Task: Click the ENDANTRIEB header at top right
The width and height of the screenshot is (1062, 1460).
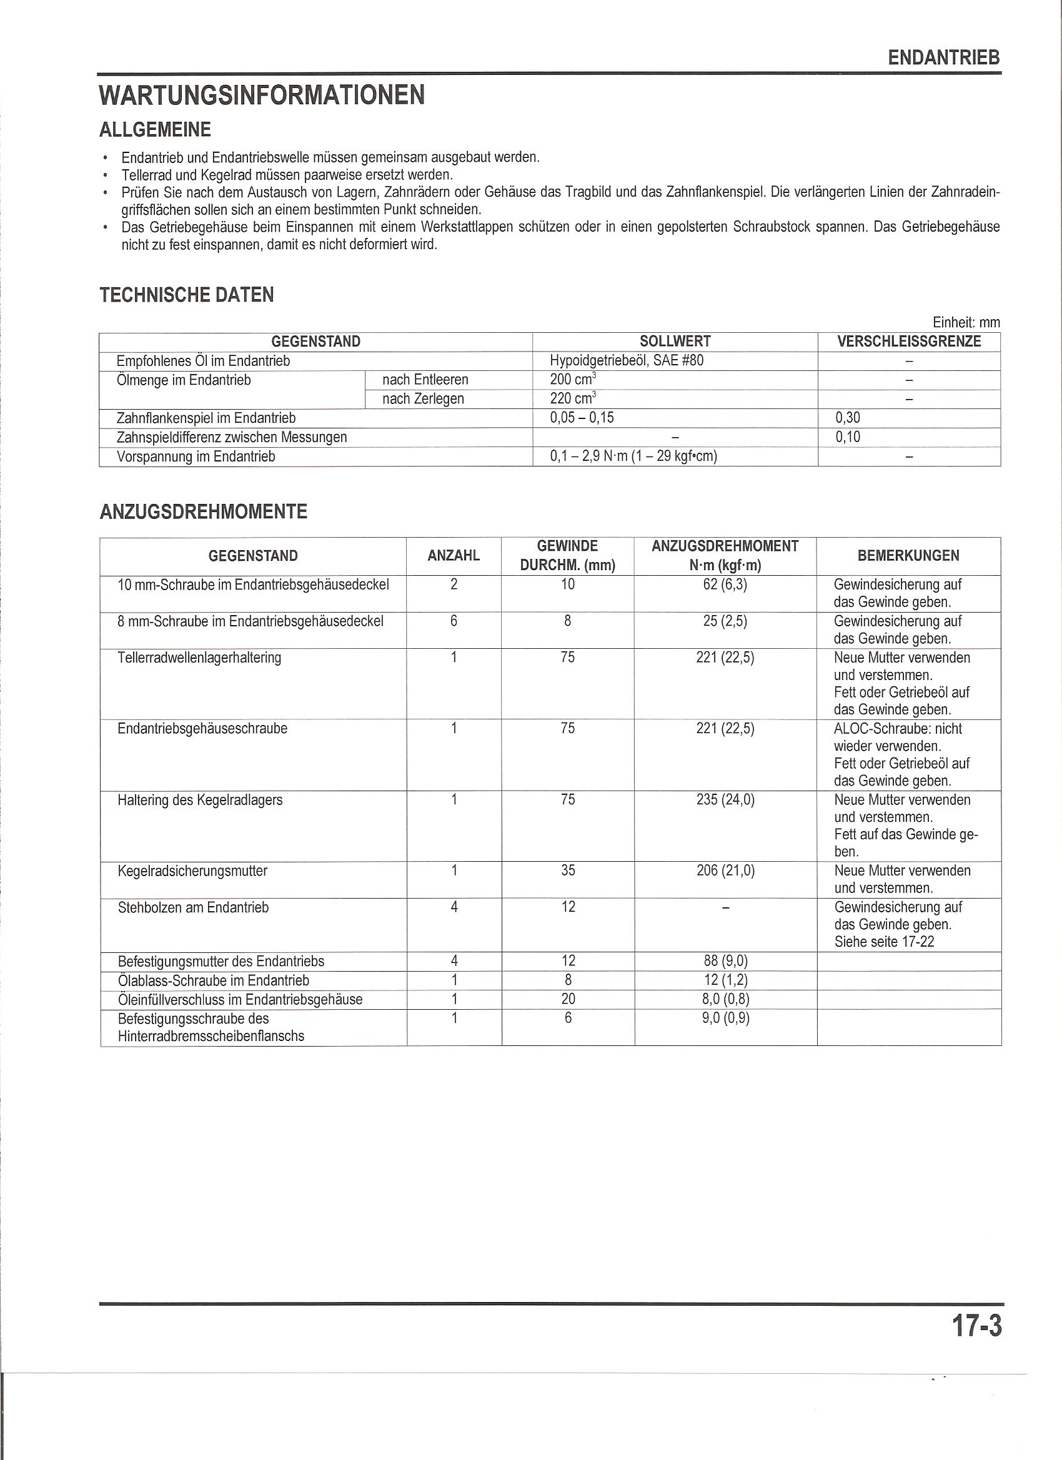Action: pyautogui.click(x=943, y=58)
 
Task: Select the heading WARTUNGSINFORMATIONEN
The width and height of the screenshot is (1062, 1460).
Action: pyautogui.click(x=262, y=96)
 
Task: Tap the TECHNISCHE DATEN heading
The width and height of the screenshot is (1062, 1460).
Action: pyautogui.click(x=187, y=295)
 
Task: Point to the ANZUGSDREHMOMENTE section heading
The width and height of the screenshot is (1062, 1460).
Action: pyautogui.click(x=204, y=512)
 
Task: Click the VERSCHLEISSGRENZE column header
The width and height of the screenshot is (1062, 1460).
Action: pyautogui.click(x=909, y=342)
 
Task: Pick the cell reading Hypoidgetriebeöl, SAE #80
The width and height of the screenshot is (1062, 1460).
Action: pyautogui.click(x=627, y=360)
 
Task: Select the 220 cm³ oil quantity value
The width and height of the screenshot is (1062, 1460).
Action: pyautogui.click(x=572, y=398)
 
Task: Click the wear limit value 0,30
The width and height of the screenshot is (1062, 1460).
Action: pyautogui.click(x=848, y=418)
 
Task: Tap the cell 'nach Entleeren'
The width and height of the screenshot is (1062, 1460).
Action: pyautogui.click(x=425, y=380)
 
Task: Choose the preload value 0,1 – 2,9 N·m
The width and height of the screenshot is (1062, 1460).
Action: pyautogui.click(x=633, y=456)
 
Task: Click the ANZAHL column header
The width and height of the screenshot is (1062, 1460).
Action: pyautogui.click(x=454, y=556)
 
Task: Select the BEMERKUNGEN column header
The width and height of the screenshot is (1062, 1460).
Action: pyautogui.click(x=908, y=556)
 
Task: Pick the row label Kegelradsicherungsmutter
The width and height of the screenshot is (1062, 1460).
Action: pyautogui.click(x=192, y=871)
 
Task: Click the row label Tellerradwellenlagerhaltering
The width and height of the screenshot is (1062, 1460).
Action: pyautogui.click(x=199, y=658)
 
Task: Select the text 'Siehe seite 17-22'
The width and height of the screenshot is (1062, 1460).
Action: pyautogui.click(x=883, y=942)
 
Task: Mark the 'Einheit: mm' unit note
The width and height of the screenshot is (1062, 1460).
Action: pyautogui.click(x=965, y=322)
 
